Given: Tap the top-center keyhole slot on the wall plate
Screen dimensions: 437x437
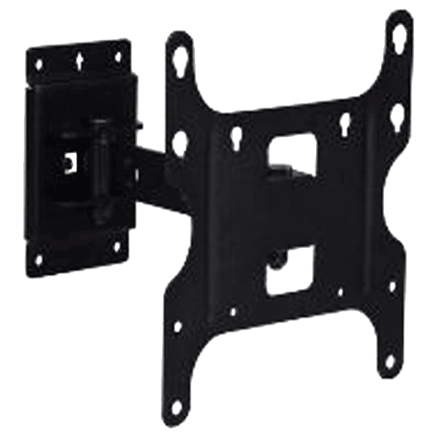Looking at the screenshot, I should click(x=80, y=58).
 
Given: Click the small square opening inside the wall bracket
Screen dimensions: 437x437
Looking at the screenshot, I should click(x=69, y=159).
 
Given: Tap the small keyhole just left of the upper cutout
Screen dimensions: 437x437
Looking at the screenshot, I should click(x=237, y=133).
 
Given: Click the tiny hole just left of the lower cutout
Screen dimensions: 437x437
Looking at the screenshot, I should click(x=233, y=311).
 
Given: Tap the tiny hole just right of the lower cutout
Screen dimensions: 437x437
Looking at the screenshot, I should click(x=340, y=293).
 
